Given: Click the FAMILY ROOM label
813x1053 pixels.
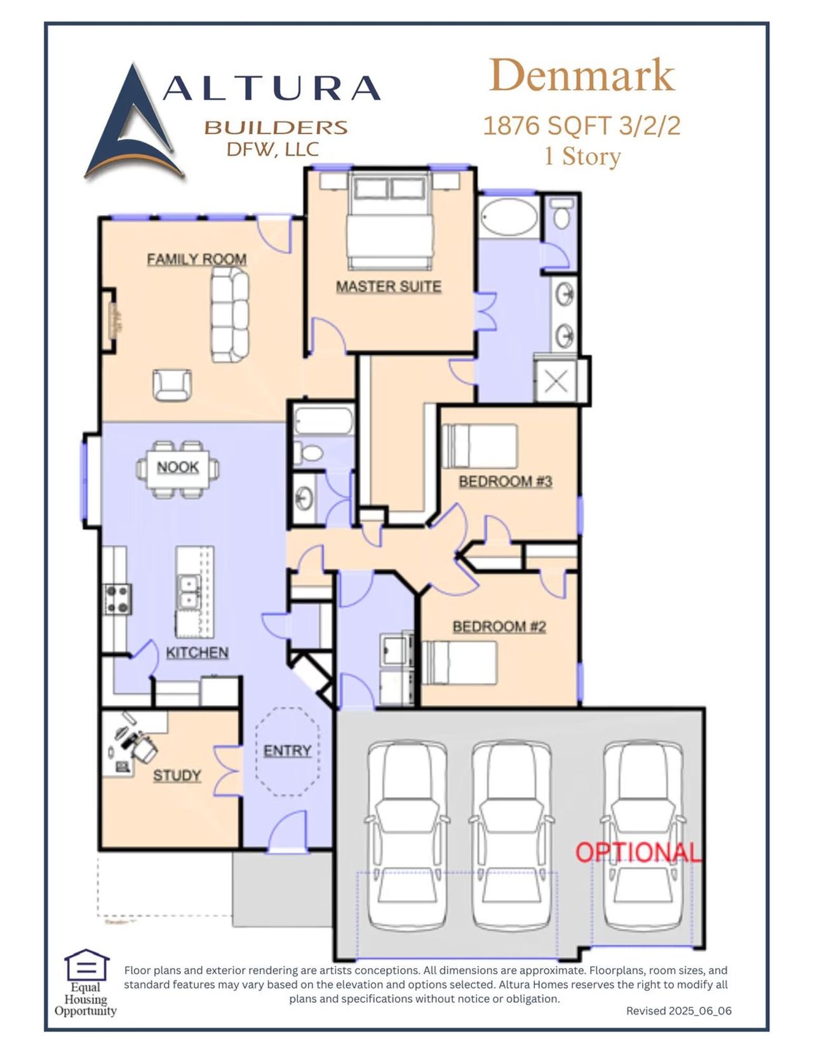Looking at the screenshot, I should (x=196, y=259).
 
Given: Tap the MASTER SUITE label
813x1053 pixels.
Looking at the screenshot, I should (x=388, y=286).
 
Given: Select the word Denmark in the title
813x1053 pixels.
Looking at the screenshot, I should (x=581, y=76).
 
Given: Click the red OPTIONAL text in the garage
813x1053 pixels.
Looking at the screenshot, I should (x=638, y=852).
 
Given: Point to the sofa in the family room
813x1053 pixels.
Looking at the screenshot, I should (x=229, y=314).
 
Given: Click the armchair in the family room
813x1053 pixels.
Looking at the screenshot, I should (x=171, y=385).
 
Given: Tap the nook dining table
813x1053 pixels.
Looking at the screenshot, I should (x=178, y=469).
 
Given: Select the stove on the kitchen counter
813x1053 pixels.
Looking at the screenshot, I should (x=118, y=599).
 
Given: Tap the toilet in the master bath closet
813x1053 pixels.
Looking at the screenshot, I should (x=561, y=213).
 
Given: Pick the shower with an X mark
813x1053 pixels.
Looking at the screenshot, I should (x=556, y=382).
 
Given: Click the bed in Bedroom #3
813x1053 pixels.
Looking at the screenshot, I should (x=480, y=446).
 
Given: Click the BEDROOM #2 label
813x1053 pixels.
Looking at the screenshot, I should (x=499, y=627).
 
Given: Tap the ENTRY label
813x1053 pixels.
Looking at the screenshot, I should (x=287, y=751).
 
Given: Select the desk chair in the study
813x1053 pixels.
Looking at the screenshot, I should (x=144, y=748).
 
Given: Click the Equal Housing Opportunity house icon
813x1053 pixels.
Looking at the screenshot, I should (x=86, y=965).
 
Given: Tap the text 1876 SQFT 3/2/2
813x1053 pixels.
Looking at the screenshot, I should (x=581, y=126).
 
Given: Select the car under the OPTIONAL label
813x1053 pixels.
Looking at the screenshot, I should (x=644, y=838).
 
